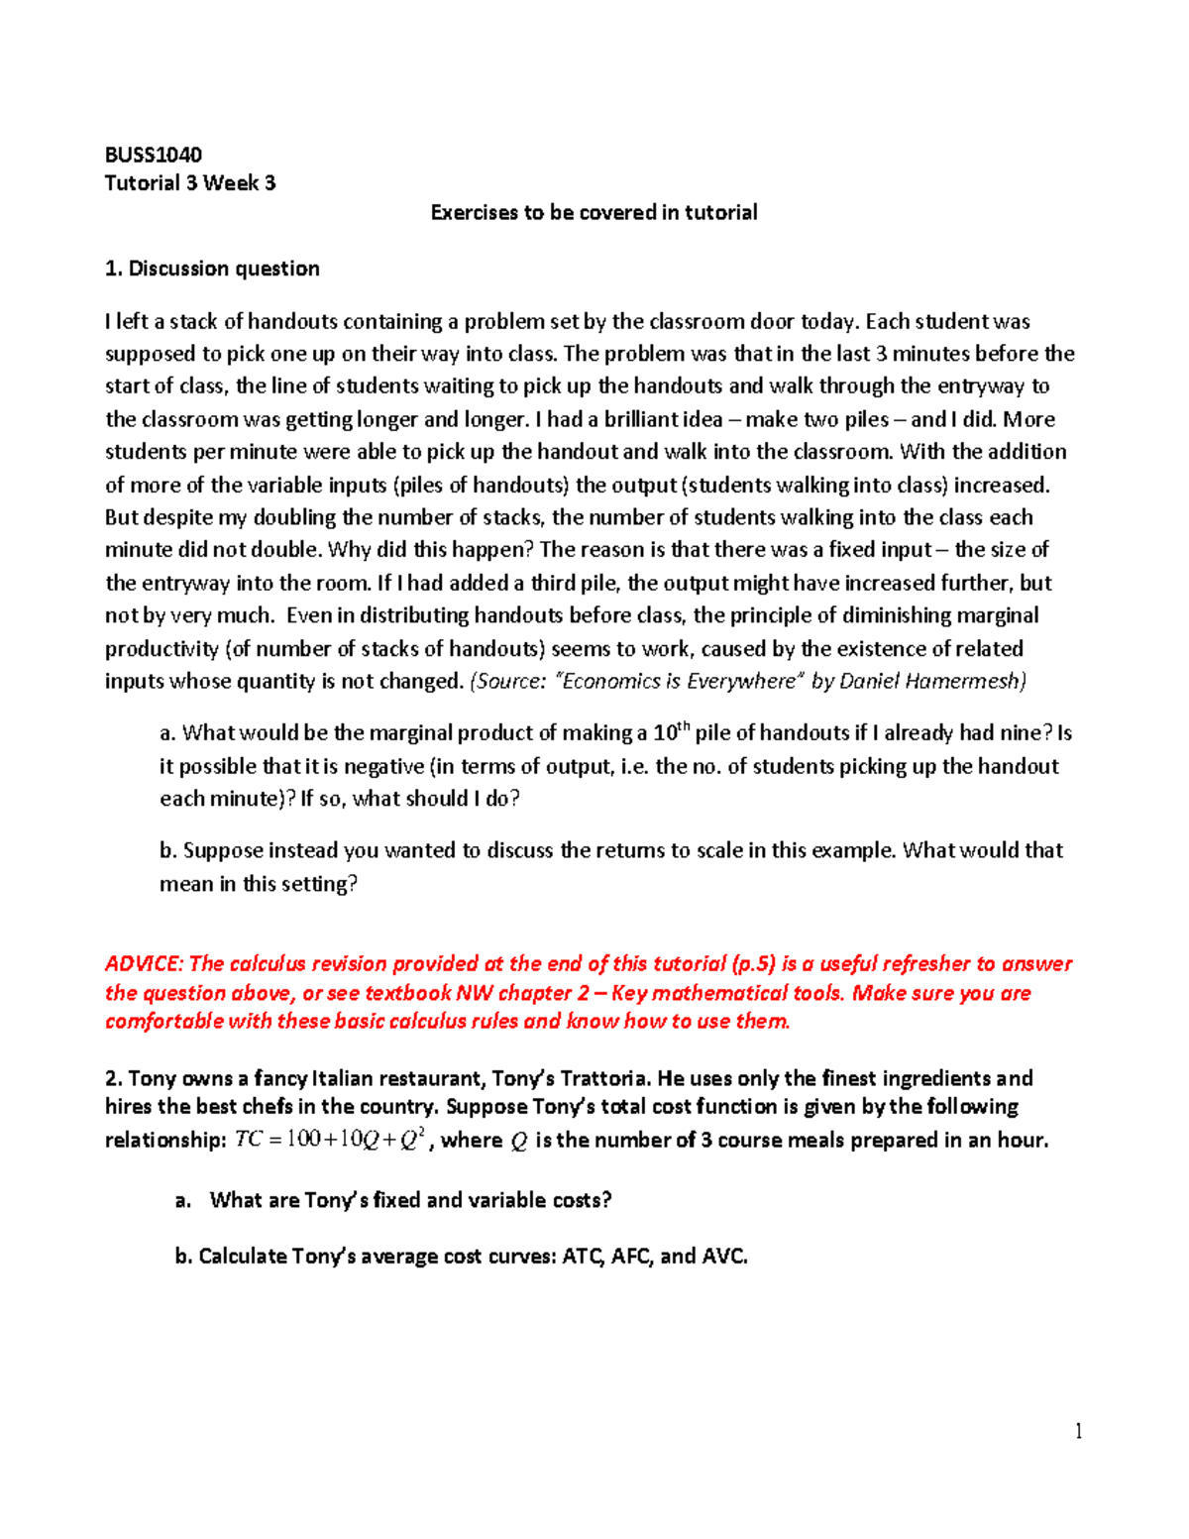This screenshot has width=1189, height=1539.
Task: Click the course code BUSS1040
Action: [153, 155]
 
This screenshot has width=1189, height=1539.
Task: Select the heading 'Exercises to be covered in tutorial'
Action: [594, 212]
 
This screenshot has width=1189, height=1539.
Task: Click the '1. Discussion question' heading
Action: [212, 269]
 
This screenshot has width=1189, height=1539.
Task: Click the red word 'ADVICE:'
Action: [144, 963]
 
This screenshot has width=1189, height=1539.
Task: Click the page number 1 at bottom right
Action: [1078, 1430]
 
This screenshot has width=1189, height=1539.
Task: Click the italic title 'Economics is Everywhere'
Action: [679, 681]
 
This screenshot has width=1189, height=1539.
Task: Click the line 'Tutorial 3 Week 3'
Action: [190, 183]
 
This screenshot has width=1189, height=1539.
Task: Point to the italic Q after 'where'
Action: [518, 1142]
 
